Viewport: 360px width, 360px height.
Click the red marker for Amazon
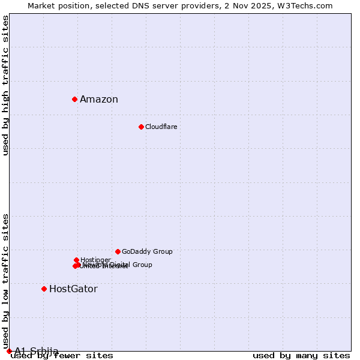pos(74,99)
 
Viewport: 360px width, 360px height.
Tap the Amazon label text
pos(99,100)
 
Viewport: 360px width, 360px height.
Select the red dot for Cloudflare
pos(141,127)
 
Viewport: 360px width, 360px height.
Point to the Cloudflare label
pos(161,127)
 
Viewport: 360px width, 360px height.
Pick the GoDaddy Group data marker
pos(118,251)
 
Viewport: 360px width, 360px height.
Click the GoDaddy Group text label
pos(147,251)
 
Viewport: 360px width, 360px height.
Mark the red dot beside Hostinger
pos(76,260)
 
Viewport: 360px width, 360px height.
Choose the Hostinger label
pos(95,260)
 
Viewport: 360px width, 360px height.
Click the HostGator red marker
pos(44,289)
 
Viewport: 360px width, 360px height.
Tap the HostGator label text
pos(73,289)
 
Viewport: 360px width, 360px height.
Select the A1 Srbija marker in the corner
pos(9,351)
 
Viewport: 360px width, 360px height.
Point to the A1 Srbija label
pos(37,351)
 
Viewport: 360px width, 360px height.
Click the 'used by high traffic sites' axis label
pos(5,85)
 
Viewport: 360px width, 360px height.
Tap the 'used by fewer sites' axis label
pos(62,356)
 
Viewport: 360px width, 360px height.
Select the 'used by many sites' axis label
pos(301,356)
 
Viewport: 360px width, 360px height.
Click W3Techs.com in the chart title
pos(307,5)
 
